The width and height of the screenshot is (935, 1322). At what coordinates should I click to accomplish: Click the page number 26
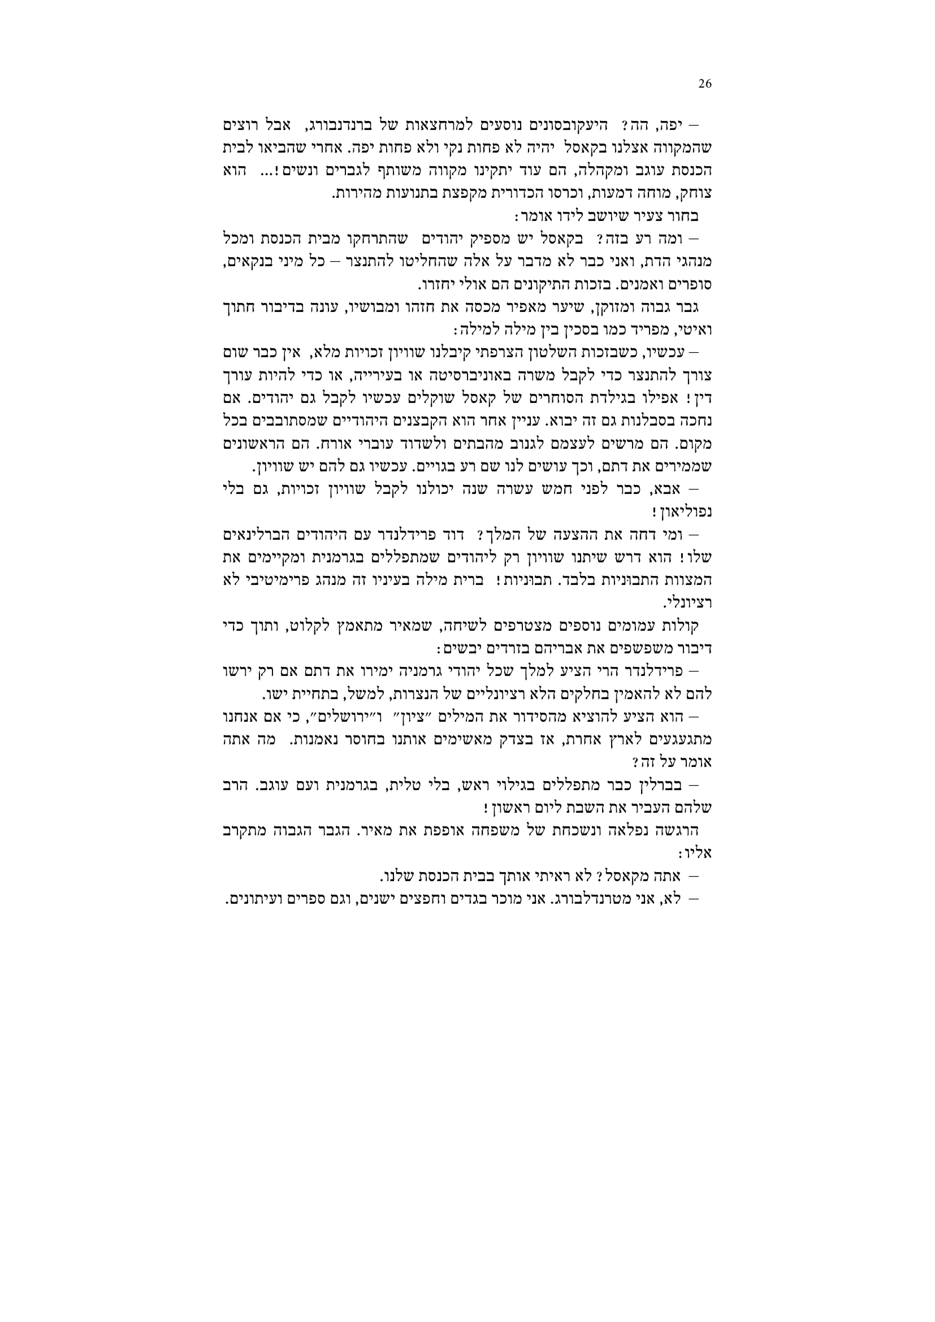tap(705, 84)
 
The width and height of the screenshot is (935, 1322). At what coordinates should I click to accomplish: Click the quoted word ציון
tap(423, 717)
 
